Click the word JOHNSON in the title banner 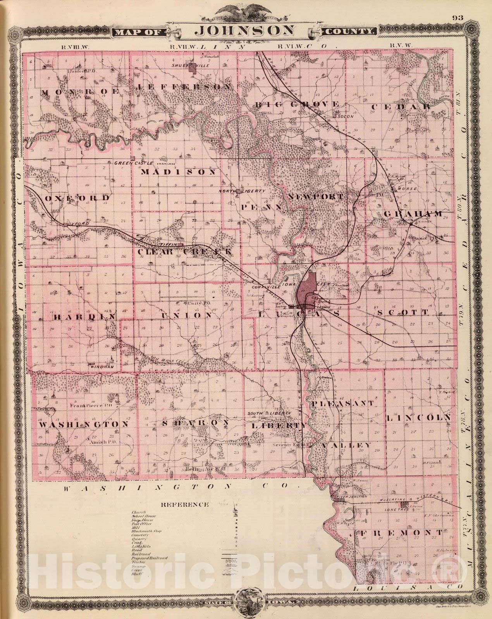[x=246, y=30]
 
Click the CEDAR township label [x=401, y=106]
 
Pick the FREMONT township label [x=401, y=533]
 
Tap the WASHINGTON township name [x=83, y=424]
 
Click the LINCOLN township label [x=418, y=418]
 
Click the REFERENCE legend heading [x=184, y=504]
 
